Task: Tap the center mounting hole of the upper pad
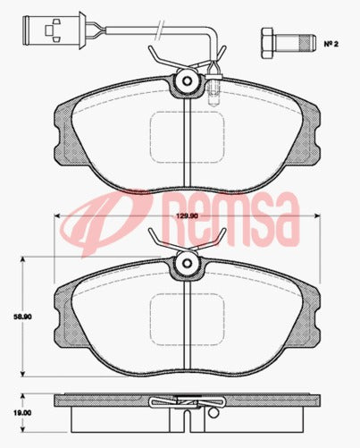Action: tap(187, 81)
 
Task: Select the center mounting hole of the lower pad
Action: tap(187, 264)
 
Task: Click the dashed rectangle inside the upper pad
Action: tap(187, 134)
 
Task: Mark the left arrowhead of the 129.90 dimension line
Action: tap(59, 216)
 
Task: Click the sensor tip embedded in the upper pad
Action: tap(213, 90)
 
